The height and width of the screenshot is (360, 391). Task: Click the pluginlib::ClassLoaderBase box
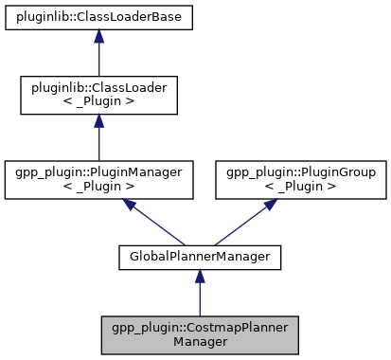(x=99, y=17)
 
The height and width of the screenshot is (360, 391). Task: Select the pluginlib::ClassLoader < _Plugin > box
(x=99, y=96)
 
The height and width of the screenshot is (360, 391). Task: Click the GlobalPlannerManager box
(x=199, y=255)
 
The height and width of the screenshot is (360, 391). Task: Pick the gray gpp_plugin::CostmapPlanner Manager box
(x=199, y=333)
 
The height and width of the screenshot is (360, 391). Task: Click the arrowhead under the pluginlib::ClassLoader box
(x=99, y=122)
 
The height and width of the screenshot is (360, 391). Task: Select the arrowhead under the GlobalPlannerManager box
(x=199, y=275)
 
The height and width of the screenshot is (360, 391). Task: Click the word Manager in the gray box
(x=199, y=341)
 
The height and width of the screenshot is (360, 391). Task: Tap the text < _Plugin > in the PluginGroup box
(x=300, y=189)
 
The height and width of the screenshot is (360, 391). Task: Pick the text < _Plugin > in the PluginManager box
(x=99, y=189)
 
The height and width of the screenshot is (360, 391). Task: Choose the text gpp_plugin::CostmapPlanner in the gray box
(x=199, y=327)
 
